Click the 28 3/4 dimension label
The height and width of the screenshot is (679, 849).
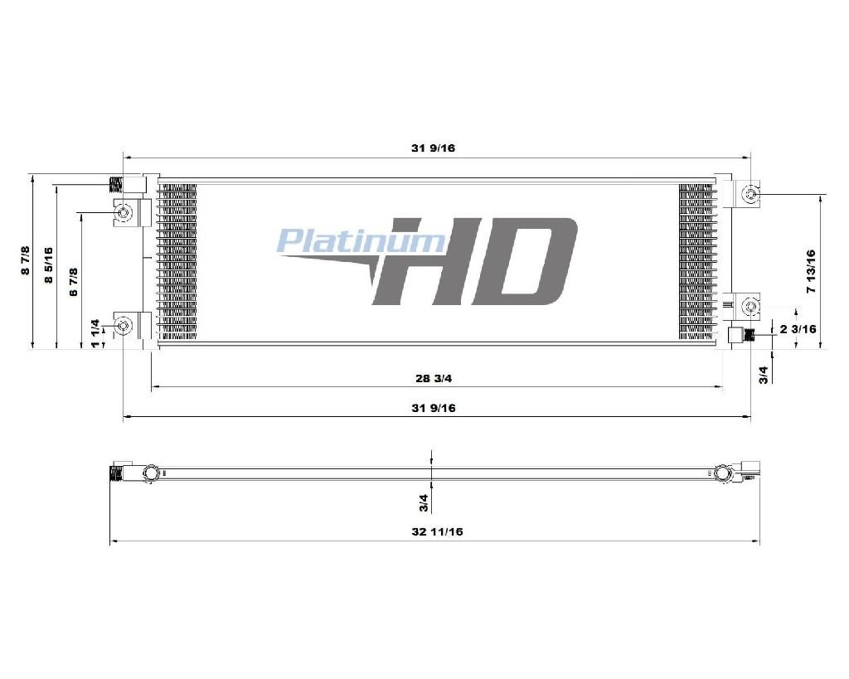click(x=433, y=378)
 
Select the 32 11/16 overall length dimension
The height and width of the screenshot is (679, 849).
click(x=437, y=531)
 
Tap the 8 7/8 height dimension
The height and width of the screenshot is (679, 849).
click(x=26, y=260)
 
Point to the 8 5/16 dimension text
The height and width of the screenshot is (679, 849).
click(x=49, y=264)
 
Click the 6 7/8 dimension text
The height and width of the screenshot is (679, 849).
click(x=74, y=282)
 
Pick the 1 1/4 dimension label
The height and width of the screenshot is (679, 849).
click(x=95, y=333)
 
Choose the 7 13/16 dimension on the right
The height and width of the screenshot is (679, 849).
click(x=811, y=271)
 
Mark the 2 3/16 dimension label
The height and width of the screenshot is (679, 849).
click(x=798, y=328)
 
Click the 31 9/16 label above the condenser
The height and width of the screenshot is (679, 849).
click(x=433, y=148)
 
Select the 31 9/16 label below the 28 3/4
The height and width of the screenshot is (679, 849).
click(x=433, y=408)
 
